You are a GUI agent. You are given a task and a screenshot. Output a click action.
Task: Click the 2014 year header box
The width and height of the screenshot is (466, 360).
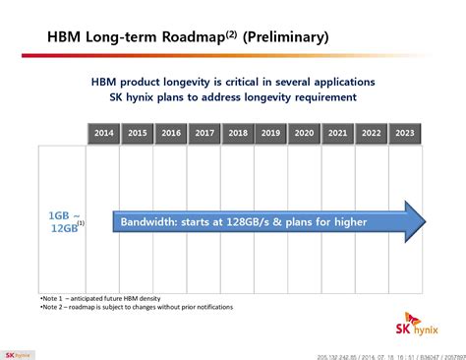103,132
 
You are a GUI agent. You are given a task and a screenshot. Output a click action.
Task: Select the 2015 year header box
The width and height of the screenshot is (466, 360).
138,132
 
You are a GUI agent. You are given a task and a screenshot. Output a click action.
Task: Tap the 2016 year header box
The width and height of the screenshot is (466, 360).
171,132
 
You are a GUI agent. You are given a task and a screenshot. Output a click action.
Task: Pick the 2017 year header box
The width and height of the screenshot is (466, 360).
204,132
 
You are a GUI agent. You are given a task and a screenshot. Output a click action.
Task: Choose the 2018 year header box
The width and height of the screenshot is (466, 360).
238,132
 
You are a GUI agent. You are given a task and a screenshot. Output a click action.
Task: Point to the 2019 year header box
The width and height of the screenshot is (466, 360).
271,132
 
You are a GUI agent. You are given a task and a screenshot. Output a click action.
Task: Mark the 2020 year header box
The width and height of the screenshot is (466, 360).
305,132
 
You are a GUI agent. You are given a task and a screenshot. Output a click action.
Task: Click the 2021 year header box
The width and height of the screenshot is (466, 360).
338,132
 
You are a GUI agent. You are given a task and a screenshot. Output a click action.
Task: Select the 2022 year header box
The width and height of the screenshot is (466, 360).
372,132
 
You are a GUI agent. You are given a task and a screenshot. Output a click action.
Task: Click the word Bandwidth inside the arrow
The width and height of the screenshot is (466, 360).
152,222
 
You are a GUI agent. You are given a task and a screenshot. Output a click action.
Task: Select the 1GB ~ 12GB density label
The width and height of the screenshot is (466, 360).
65,222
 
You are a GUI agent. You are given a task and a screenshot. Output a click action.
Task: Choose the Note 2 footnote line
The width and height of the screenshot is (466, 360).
137,307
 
